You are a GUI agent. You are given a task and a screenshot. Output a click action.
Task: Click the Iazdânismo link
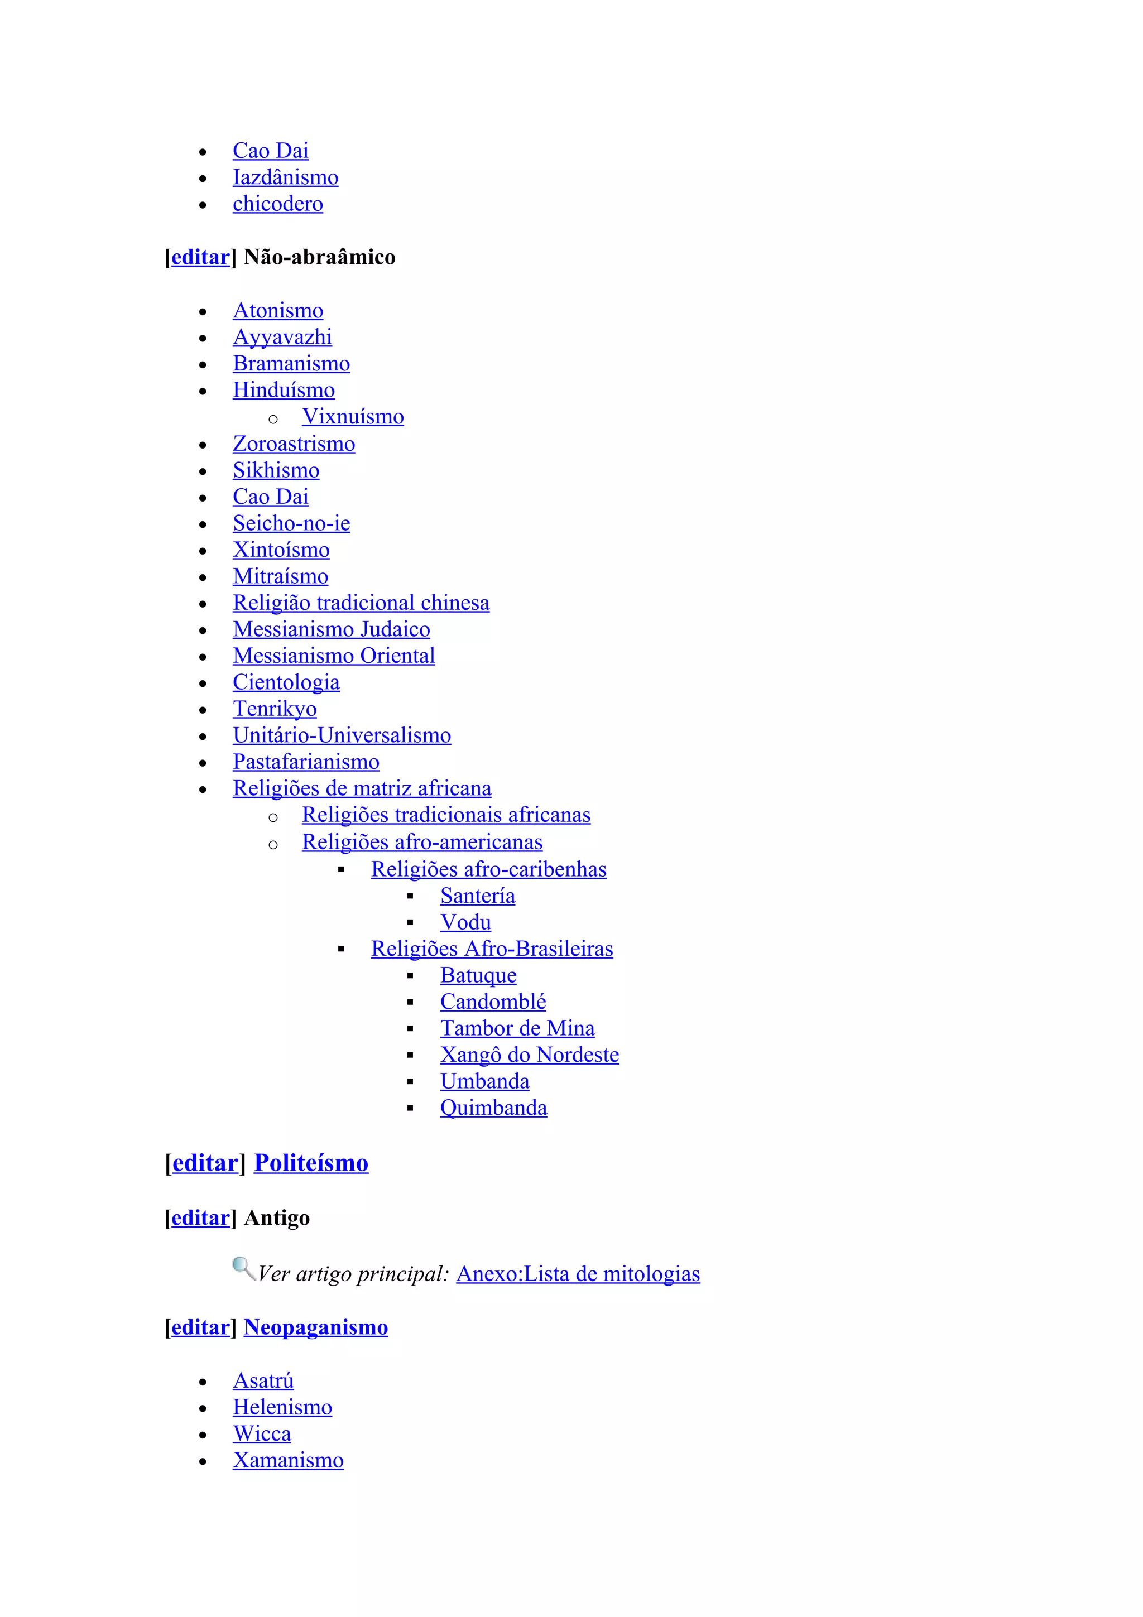[285, 177]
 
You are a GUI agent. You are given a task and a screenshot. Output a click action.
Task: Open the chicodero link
[277, 204]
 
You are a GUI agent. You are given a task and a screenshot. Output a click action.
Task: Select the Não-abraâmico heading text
[319, 257]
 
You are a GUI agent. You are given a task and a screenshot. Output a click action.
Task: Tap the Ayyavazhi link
[282, 338]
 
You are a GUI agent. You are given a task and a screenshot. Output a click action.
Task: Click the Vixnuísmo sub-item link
[353, 417]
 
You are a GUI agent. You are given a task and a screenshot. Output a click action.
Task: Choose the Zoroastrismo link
[294, 444]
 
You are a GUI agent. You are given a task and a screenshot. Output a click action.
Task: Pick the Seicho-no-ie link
[291, 523]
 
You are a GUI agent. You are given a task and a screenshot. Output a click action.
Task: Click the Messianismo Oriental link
[334, 656]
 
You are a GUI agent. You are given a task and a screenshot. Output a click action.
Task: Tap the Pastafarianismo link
[306, 762]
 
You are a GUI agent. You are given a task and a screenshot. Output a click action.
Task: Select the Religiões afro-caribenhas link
[489, 869]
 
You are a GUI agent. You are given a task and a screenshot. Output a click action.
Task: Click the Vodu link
[465, 922]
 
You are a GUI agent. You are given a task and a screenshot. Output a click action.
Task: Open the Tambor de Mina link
[517, 1028]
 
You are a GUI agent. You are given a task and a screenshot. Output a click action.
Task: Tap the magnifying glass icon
[243, 1268]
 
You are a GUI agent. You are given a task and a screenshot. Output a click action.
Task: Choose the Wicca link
[261, 1434]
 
